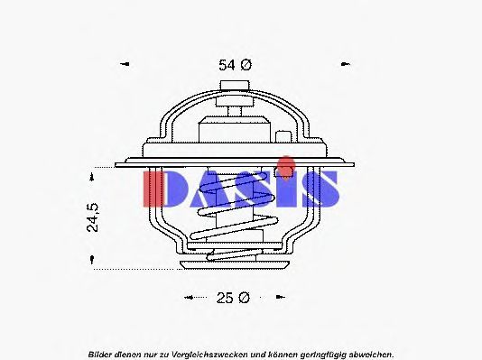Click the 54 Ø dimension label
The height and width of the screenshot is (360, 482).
click(235, 65)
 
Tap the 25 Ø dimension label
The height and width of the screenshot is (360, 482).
click(233, 298)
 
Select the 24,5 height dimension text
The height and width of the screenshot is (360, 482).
click(93, 217)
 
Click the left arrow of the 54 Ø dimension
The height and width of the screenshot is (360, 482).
click(125, 64)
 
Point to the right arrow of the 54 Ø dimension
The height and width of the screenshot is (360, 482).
click(346, 64)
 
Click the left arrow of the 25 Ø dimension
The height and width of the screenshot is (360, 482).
click(189, 297)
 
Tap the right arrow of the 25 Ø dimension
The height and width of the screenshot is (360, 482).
click(281, 297)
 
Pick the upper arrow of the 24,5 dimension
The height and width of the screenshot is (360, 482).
click(91, 177)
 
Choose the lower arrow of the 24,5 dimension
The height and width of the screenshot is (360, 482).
click(91, 260)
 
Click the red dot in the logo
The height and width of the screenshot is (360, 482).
click(285, 166)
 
